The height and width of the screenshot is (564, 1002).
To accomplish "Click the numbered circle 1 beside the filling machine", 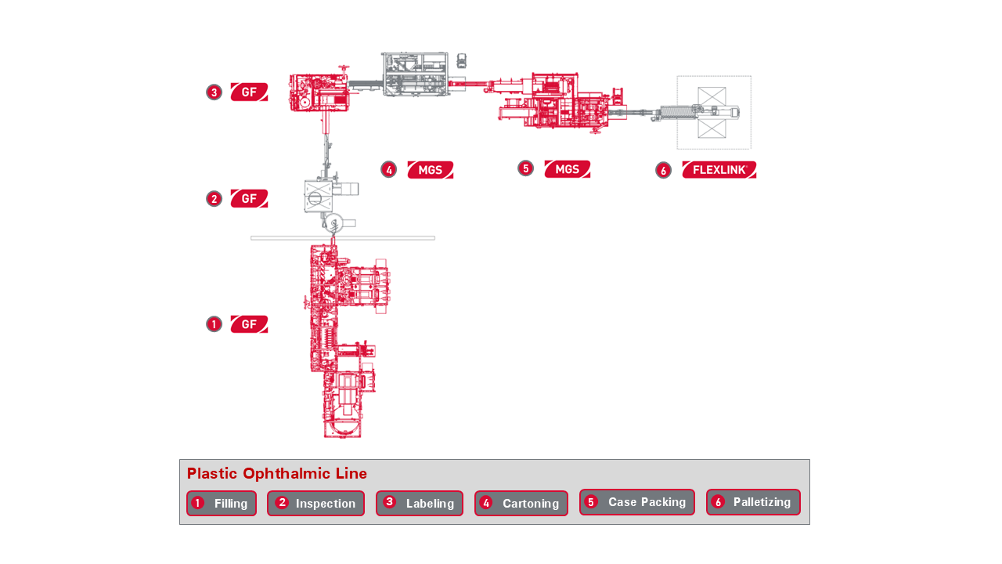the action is pos(214,324).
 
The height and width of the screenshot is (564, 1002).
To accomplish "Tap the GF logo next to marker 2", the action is pos(249,198).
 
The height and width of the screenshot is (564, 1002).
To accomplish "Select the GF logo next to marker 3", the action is pos(249,92).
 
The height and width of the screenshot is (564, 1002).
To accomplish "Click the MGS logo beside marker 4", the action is pos(431,170).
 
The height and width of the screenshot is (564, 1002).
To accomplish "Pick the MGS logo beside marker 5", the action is pos(568,169).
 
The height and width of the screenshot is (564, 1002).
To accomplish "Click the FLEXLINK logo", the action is pos(719,170).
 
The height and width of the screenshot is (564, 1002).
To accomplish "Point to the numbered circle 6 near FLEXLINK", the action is pos(663,170).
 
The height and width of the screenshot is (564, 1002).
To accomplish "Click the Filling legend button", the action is pos(222,503).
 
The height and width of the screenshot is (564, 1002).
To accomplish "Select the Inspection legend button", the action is pos(315,503).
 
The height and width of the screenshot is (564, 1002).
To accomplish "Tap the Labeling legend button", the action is pos(420,503).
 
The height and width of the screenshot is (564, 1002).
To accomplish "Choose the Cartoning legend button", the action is pos(521,503).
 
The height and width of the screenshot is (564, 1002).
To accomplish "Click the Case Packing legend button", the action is pos(637,502).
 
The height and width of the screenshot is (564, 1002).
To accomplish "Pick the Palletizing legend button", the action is pos(753,502).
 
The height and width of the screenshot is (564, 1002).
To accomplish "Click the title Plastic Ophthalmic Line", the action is pos(277,473).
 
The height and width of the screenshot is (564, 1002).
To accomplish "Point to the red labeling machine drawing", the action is pos(319,92).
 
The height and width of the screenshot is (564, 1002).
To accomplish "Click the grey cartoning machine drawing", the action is pos(415,74).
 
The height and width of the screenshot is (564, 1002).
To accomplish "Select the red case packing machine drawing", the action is pos(555,102).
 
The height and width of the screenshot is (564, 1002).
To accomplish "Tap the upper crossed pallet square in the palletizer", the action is pos(712,96).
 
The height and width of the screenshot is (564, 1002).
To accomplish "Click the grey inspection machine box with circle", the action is pos(318,197).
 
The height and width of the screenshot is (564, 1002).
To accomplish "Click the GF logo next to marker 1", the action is pos(249,324).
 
